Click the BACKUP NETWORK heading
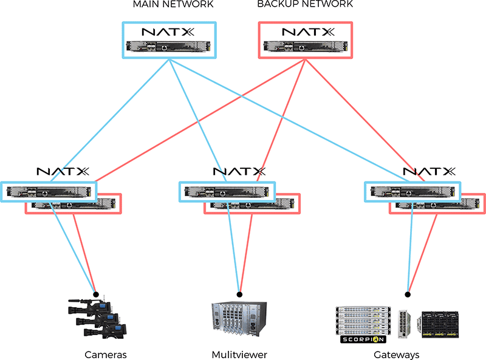tap(304, 5)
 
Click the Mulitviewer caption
tap(239, 354)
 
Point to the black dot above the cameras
tap(95, 294)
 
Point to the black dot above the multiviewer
tap(240, 294)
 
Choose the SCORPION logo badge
tap(363, 338)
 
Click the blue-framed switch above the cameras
tap(49, 191)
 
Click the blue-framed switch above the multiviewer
tap(227, 191)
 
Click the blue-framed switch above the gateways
tap(412, 191)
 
